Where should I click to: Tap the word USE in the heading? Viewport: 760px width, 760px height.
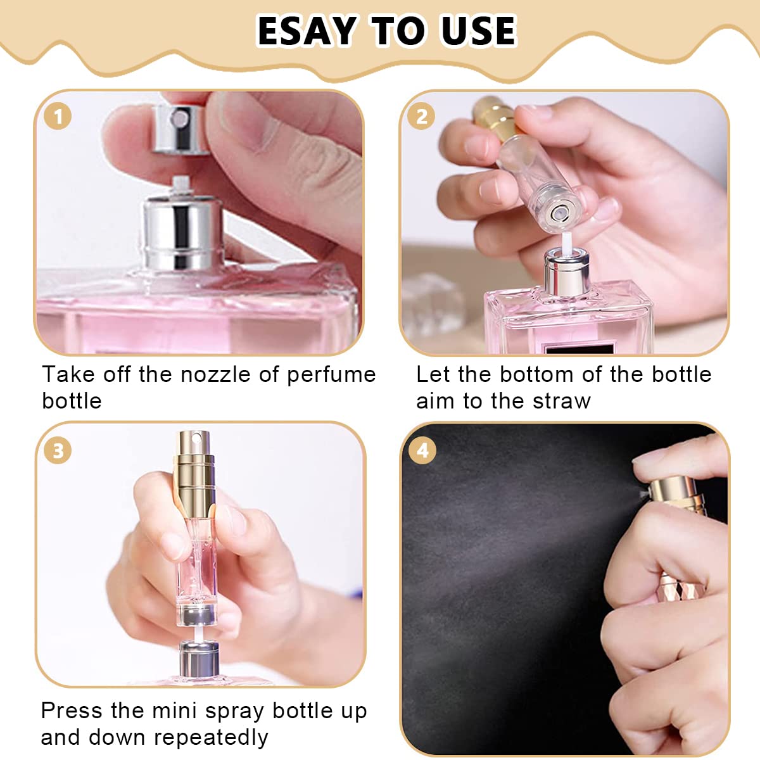click(x=479, y=31)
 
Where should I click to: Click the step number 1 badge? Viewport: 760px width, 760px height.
click(x=58, y=117)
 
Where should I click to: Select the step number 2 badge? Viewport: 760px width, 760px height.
click(x=422, y=117)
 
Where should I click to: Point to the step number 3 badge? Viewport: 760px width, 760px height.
click(x=58, y=450)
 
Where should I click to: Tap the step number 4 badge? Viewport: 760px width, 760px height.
click(x=422, y=450)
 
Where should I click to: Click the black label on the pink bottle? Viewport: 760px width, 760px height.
click(x=579, y=348)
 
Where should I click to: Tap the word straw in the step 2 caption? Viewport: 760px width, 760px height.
click(x=562, y=401)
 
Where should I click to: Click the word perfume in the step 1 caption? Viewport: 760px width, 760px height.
click(x=331, y=375)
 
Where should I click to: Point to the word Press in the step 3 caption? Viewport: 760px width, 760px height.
click(x=72, y=711)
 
